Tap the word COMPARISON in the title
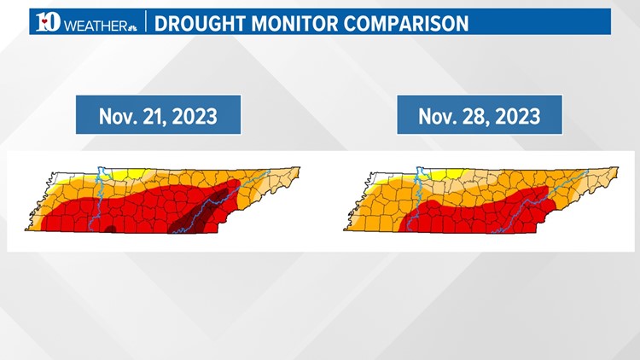tap(413, 22)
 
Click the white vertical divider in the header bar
tap(145, 22)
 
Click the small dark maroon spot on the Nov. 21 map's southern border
tap(110, 228)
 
